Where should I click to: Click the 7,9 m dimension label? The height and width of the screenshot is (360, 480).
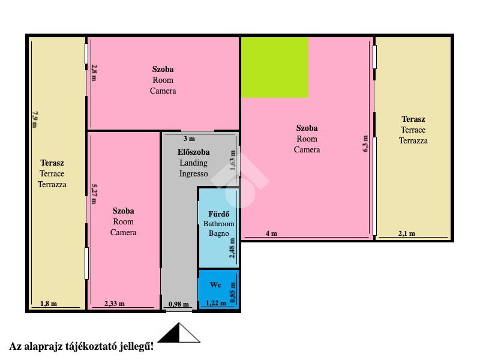point(35,119)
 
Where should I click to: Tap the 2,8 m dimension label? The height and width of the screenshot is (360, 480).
point(94,73)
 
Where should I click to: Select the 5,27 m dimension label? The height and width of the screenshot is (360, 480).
point(94,193)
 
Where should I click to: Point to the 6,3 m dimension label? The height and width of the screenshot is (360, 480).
point(365,144)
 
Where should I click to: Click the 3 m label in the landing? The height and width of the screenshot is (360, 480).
point(189,139)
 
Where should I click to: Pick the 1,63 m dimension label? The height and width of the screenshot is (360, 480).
point(233,160)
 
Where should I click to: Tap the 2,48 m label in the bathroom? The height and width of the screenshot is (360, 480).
point(232,248)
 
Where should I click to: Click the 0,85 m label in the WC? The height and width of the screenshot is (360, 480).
point(233,292)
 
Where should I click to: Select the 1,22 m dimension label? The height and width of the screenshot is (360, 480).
point(216,303)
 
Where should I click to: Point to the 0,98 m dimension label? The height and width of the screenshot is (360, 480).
point(179,304)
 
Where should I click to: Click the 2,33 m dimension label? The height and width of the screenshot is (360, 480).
point(115,304)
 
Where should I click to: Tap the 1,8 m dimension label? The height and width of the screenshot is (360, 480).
point(49,304)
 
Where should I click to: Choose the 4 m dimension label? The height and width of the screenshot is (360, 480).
point(271,233)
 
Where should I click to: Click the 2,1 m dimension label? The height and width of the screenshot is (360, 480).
point(407,233)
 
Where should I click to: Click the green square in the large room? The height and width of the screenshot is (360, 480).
point(275,68)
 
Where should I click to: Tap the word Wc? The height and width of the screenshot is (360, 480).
point(215,284)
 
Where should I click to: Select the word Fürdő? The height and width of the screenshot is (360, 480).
point(218,214)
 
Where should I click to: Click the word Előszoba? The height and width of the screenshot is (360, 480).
point(193,152)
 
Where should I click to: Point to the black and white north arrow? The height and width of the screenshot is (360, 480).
point(179,333)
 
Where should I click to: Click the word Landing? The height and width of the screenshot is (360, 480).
point(193,163)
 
